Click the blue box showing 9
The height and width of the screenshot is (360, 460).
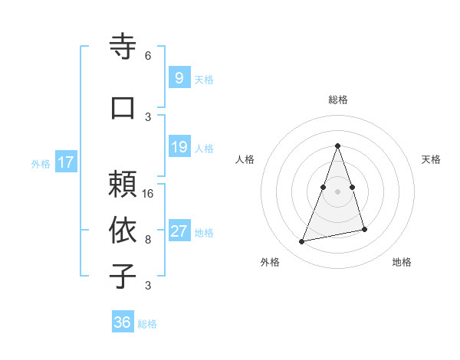pos(179,78)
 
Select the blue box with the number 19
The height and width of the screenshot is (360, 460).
pos(179,147)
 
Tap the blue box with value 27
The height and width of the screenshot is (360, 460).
pos(179,231)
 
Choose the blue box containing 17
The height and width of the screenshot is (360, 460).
pos(65,162)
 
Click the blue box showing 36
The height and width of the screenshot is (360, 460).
pos(122,322)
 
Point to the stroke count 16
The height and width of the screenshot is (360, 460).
pos(149,193)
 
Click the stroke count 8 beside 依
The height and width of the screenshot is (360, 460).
pos(148,239)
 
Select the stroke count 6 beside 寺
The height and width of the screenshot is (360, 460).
pos(148,55)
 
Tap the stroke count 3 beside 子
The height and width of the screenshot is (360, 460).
pos(148,286)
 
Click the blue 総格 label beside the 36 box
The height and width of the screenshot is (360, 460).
pos(147,324)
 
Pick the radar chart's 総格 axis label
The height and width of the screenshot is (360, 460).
pos(337,100)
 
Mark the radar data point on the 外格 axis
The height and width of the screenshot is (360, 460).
pos(302,242)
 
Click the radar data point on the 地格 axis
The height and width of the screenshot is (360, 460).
pos(364,229)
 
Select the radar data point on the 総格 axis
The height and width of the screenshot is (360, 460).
pos(337,146)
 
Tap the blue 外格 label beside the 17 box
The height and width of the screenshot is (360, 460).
pos(41,163)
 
